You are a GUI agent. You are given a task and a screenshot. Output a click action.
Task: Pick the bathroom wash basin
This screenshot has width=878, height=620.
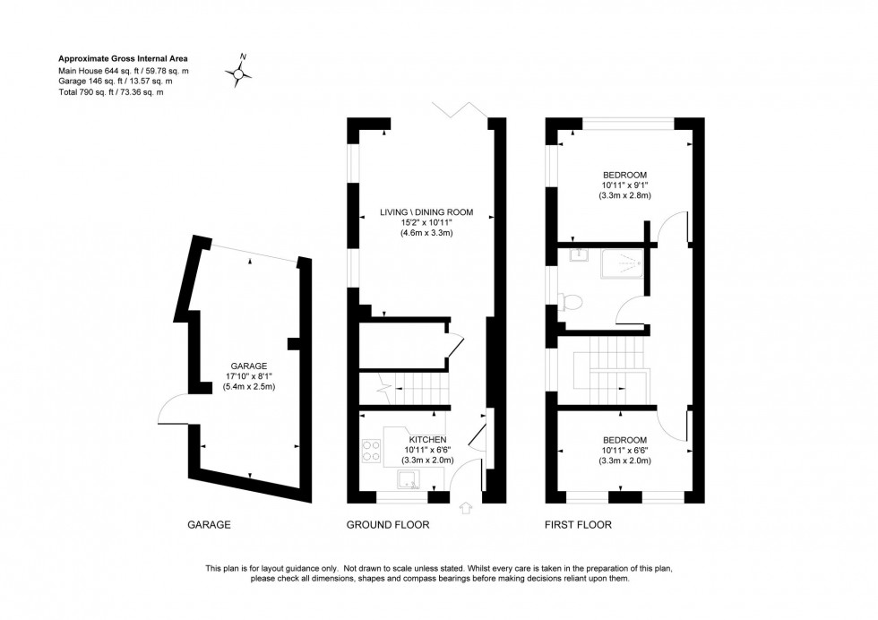coord(575,254)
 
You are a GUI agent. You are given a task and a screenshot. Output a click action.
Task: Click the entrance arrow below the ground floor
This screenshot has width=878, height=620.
coord(464,509)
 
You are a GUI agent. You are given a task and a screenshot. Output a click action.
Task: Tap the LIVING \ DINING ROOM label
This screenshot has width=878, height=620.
coord(425,212)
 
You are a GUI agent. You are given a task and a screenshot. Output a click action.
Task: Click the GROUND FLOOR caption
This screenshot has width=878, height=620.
coord(387,525)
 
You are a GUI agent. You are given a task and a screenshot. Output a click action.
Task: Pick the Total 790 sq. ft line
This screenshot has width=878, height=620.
coord(111,92)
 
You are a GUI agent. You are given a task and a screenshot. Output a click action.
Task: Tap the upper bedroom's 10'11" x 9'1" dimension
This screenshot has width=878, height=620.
coord(625,185)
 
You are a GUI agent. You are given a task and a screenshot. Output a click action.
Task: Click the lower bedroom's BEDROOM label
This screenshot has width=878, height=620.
coord(625,439)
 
